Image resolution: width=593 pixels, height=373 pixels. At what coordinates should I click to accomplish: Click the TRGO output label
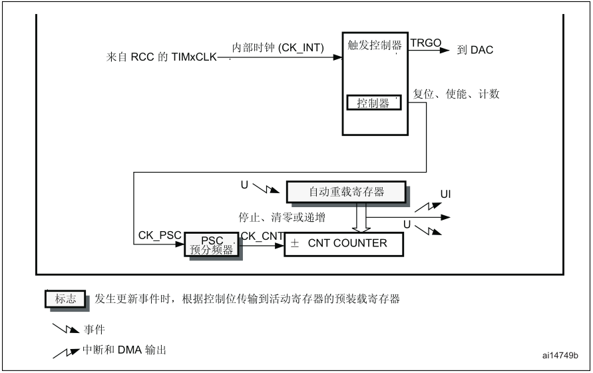pos(426,43)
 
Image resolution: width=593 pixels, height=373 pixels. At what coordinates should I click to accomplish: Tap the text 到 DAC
pos(475,50)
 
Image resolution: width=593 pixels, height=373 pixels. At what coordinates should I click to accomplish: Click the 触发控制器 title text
pos(375,45)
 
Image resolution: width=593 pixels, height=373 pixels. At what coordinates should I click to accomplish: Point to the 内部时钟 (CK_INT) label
pos(278,48)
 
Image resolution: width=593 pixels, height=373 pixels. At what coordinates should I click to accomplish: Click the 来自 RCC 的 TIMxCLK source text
pos(162,57)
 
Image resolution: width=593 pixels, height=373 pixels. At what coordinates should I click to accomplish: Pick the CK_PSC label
pos(160,236)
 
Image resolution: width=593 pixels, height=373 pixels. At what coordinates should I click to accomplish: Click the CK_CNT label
pos(262,236)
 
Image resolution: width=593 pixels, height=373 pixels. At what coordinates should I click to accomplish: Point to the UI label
pos(445,194)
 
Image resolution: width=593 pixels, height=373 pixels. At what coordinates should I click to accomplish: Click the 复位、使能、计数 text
pos(456,94)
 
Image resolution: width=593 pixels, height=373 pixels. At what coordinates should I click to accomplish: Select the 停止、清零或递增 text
pos(282,217)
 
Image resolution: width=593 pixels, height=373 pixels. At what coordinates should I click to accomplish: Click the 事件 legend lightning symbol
pos(66,328)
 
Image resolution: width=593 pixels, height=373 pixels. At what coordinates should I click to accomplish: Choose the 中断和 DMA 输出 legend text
pos(124,350)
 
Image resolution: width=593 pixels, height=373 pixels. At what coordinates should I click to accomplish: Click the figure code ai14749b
pos(560,355)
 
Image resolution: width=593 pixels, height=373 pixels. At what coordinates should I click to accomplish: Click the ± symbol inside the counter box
pos(295,244)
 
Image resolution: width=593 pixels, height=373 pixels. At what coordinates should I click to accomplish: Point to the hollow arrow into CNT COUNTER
pos(361,217)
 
